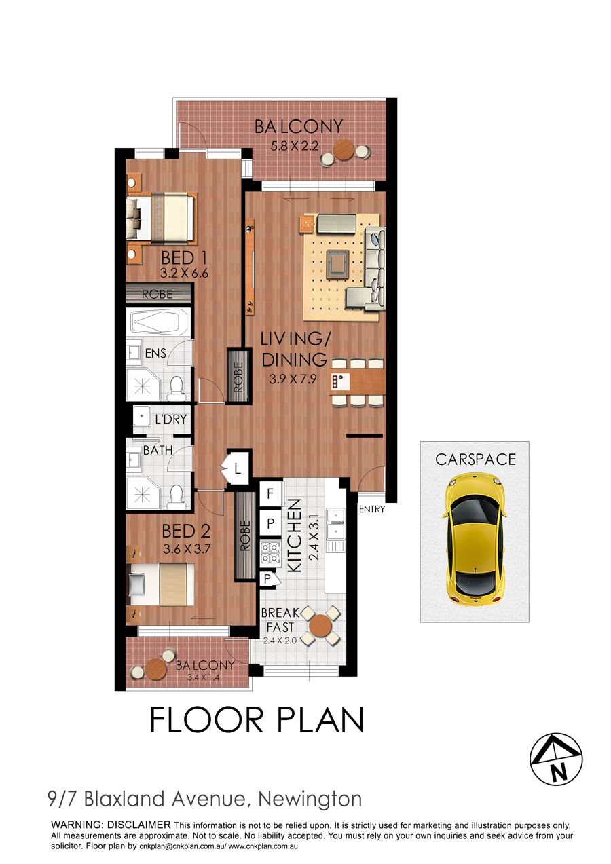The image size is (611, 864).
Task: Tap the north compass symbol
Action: coord(556,759)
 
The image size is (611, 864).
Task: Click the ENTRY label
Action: coord(372,509)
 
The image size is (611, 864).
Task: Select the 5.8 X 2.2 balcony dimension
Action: coord(295,146)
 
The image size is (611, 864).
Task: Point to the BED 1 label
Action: coord(184,258)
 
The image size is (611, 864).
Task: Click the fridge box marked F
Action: coord(270,493)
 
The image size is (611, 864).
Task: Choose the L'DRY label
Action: coord(170,419)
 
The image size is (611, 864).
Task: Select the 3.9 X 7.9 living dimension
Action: coord(293,379)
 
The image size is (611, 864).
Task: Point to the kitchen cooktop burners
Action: coord(270,552)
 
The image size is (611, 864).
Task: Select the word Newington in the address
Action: coord(310,799)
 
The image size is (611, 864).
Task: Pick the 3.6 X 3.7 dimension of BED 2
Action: coord(187,549)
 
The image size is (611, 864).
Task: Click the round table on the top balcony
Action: coord(344,150)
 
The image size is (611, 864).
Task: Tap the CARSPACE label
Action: coord(476,459)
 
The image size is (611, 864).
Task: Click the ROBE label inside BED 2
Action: coord(245,536)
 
